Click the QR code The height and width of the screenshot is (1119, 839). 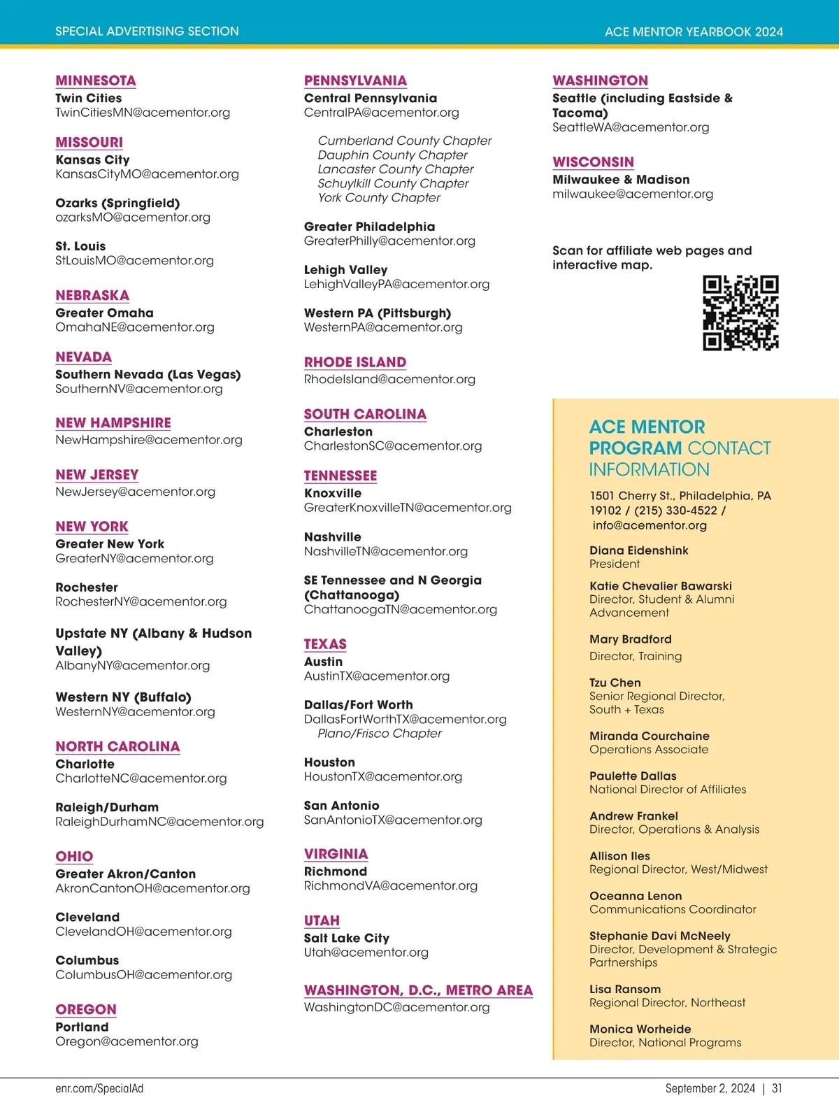740,313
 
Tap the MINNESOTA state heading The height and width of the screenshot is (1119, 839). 96,80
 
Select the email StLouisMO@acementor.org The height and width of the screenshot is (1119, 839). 134,260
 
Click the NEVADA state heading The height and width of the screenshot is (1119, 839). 83,357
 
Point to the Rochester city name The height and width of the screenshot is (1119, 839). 87,587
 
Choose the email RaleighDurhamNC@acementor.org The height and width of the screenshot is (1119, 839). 159,821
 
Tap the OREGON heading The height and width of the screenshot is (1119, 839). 86,1009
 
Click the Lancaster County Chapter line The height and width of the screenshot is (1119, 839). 395,169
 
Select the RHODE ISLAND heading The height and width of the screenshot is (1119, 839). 354,362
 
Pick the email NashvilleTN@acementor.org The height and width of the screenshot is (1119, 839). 385,551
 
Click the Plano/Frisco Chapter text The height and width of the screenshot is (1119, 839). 380,733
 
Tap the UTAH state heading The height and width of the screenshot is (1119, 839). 322,920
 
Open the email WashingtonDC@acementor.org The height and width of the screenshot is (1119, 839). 396,1007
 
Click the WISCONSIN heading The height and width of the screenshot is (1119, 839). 593,162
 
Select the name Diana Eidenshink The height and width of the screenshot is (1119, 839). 638,550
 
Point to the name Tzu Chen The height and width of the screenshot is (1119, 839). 615,683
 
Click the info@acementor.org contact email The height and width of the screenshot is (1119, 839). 650,525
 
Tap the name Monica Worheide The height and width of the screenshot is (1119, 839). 640,1029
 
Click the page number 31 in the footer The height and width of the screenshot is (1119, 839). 777,1088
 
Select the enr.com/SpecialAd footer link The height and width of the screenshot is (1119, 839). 99,1088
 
